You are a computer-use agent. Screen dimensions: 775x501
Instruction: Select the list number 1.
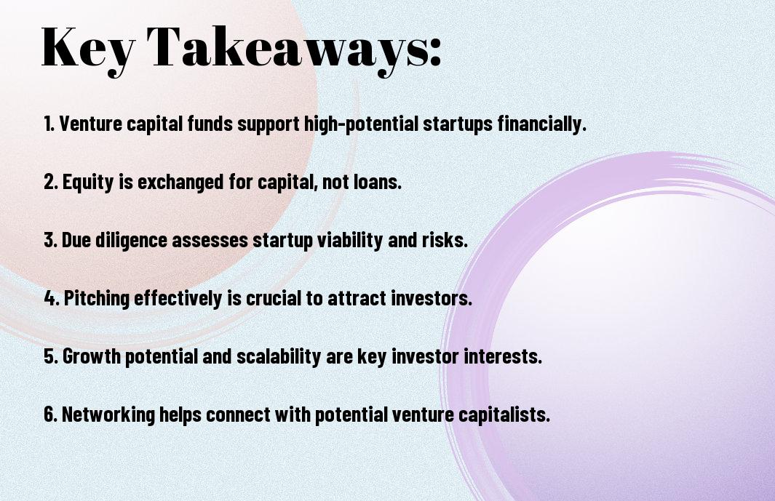[49, 124]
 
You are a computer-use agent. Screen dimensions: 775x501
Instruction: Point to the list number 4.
[52, 298]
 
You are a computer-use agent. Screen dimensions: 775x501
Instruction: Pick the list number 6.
[50, 414]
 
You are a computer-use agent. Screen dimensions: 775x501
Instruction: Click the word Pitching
[97, 299]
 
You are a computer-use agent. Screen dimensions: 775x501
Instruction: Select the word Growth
[92, 356]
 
